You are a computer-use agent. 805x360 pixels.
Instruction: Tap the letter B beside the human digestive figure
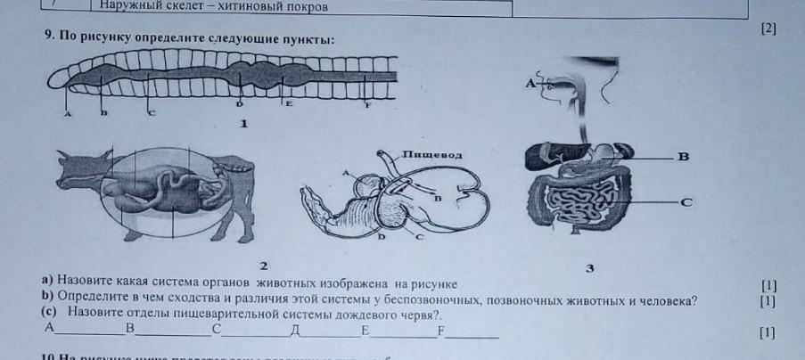point(684,158)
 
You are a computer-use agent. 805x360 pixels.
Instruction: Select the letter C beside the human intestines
point(686,203)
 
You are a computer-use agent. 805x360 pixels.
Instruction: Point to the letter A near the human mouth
point(529,83)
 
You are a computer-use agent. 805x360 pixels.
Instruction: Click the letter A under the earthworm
point(67,114)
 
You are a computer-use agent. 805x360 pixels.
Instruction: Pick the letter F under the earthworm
point(368,104)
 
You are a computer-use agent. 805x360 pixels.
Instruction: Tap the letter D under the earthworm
point(239,104)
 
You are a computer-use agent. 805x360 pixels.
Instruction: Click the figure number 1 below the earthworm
point(242,125)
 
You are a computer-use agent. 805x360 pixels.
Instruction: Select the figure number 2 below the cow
point(262,265)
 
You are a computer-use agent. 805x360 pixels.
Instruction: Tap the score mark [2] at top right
point(768,29)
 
